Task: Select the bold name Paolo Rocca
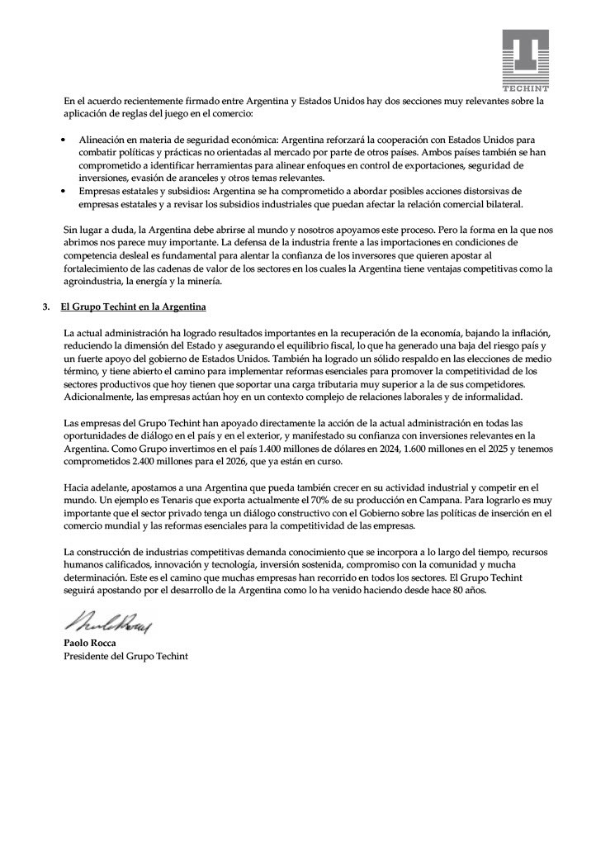point(90,642)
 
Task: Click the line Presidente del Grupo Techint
point(125,656)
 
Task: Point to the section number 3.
point(46,307)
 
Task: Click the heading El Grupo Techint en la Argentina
point(133,307)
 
